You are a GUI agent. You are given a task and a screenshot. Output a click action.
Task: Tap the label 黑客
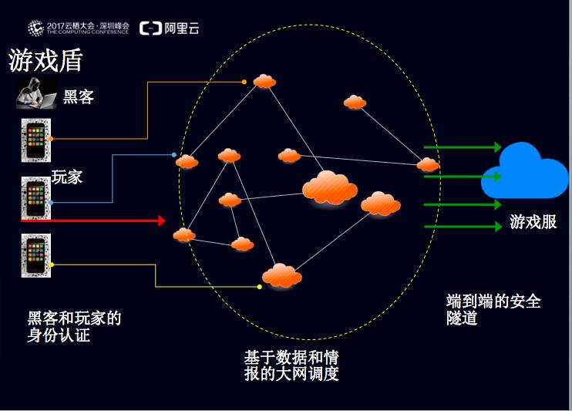pos(79,97)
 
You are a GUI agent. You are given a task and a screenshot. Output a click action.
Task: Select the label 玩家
pos(67,177)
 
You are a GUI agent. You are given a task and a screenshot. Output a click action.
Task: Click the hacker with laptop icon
pos(35,95)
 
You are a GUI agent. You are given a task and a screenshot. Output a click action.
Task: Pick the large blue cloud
pos(523,171)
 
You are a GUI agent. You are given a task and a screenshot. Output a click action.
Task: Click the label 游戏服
pos(533,223)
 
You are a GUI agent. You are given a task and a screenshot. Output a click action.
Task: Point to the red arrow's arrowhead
pos(161,221)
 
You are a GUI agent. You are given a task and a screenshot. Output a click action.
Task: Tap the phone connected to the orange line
pos(35,140)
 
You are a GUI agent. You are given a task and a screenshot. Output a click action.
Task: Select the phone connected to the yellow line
pos(35,255)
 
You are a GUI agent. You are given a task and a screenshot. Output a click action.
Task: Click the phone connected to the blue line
pos(35,198)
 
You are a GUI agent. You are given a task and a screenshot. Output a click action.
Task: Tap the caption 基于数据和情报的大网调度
pos(291,366)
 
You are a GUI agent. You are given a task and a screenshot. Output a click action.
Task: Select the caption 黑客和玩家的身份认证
pos(74,327)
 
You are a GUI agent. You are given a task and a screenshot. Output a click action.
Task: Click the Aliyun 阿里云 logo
pos(169,29)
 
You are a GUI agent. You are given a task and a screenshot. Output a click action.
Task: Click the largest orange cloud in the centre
pos(330,187)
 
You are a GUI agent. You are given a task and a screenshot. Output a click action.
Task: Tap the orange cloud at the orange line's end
pos(264,81)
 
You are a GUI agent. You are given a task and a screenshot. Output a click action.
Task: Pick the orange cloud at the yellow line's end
pos(281,275)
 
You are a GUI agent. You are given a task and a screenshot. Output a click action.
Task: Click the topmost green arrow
pos(463,147)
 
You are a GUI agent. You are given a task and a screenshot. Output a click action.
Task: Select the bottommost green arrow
pos(463,227)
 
